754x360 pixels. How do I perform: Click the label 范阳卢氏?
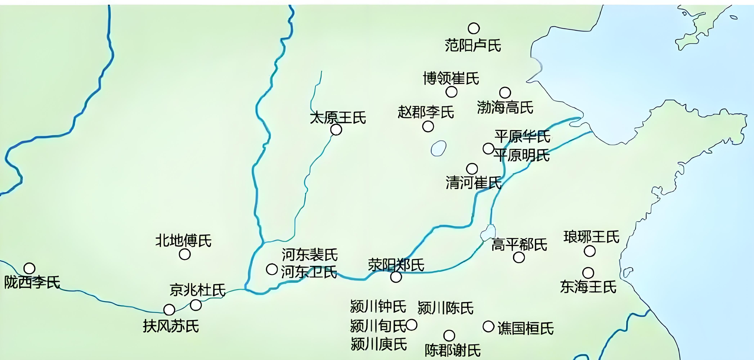coord(473,45)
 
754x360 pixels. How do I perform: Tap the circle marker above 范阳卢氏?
coord(474,28)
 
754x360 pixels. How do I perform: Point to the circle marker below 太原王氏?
coord(336,129)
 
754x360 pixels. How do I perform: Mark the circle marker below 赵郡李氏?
coord(428,126)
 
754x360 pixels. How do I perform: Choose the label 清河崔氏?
coord(473,183)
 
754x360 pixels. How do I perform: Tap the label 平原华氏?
coord(522,136)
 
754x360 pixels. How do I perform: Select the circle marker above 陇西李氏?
coord(29,268)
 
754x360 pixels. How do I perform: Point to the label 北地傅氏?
coord(183,241)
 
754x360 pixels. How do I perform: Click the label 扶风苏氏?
coord(171,326)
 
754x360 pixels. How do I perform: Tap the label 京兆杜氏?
coord(198,290)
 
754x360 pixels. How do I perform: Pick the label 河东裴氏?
coord(310,254)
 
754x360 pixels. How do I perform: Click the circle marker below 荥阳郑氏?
coord(396,277)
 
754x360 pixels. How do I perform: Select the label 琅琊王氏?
coord(591,237)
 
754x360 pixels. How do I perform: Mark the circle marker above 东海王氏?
coord(588,273)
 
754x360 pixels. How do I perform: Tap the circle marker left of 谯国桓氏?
coord(488,326)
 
